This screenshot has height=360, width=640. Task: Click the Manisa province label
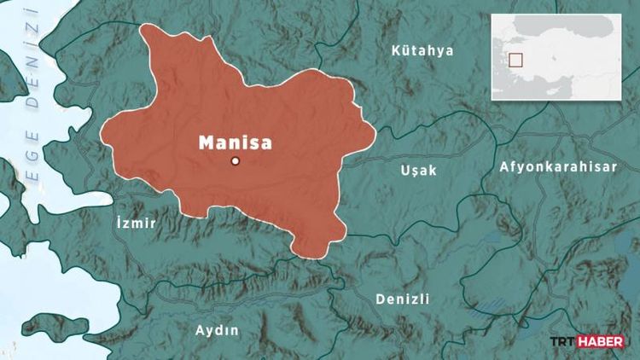click(236, 142)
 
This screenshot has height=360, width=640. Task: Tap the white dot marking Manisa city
click(236, 161)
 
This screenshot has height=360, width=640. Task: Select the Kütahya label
click(422, 51)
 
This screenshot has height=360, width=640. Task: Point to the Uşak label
click(418, 171)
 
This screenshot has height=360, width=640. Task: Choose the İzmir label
click(136, 224)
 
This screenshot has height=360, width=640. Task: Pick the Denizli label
click(403, 299)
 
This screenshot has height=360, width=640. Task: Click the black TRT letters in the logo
click(563, 342)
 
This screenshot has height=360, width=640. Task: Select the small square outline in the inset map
click(515, 60)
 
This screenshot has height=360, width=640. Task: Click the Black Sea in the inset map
click(580, 26)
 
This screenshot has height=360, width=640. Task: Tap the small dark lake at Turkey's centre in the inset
click(556, 61)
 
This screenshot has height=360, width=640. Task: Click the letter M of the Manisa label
click(207, 142)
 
